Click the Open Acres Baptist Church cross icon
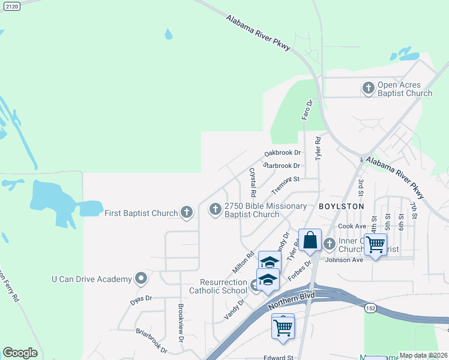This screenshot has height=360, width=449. (369, 89)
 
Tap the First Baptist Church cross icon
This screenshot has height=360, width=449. (187, 212)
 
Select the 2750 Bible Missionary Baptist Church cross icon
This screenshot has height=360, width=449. (215, 209)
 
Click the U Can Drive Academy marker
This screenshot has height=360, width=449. (141, 278)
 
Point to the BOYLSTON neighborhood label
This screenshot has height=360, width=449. (342, 206)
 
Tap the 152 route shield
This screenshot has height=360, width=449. (370, 308)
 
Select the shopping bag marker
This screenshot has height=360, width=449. (310, 241)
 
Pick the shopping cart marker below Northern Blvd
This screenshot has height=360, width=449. (283, 327)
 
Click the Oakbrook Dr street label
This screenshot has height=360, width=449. (282, 153)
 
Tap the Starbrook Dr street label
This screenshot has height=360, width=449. (282, 166)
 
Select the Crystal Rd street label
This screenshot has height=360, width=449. (253, 183)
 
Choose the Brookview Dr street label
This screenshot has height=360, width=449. (181, 323)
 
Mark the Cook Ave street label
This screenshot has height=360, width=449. (352, 226)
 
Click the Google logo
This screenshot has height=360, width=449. (20, 353)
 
